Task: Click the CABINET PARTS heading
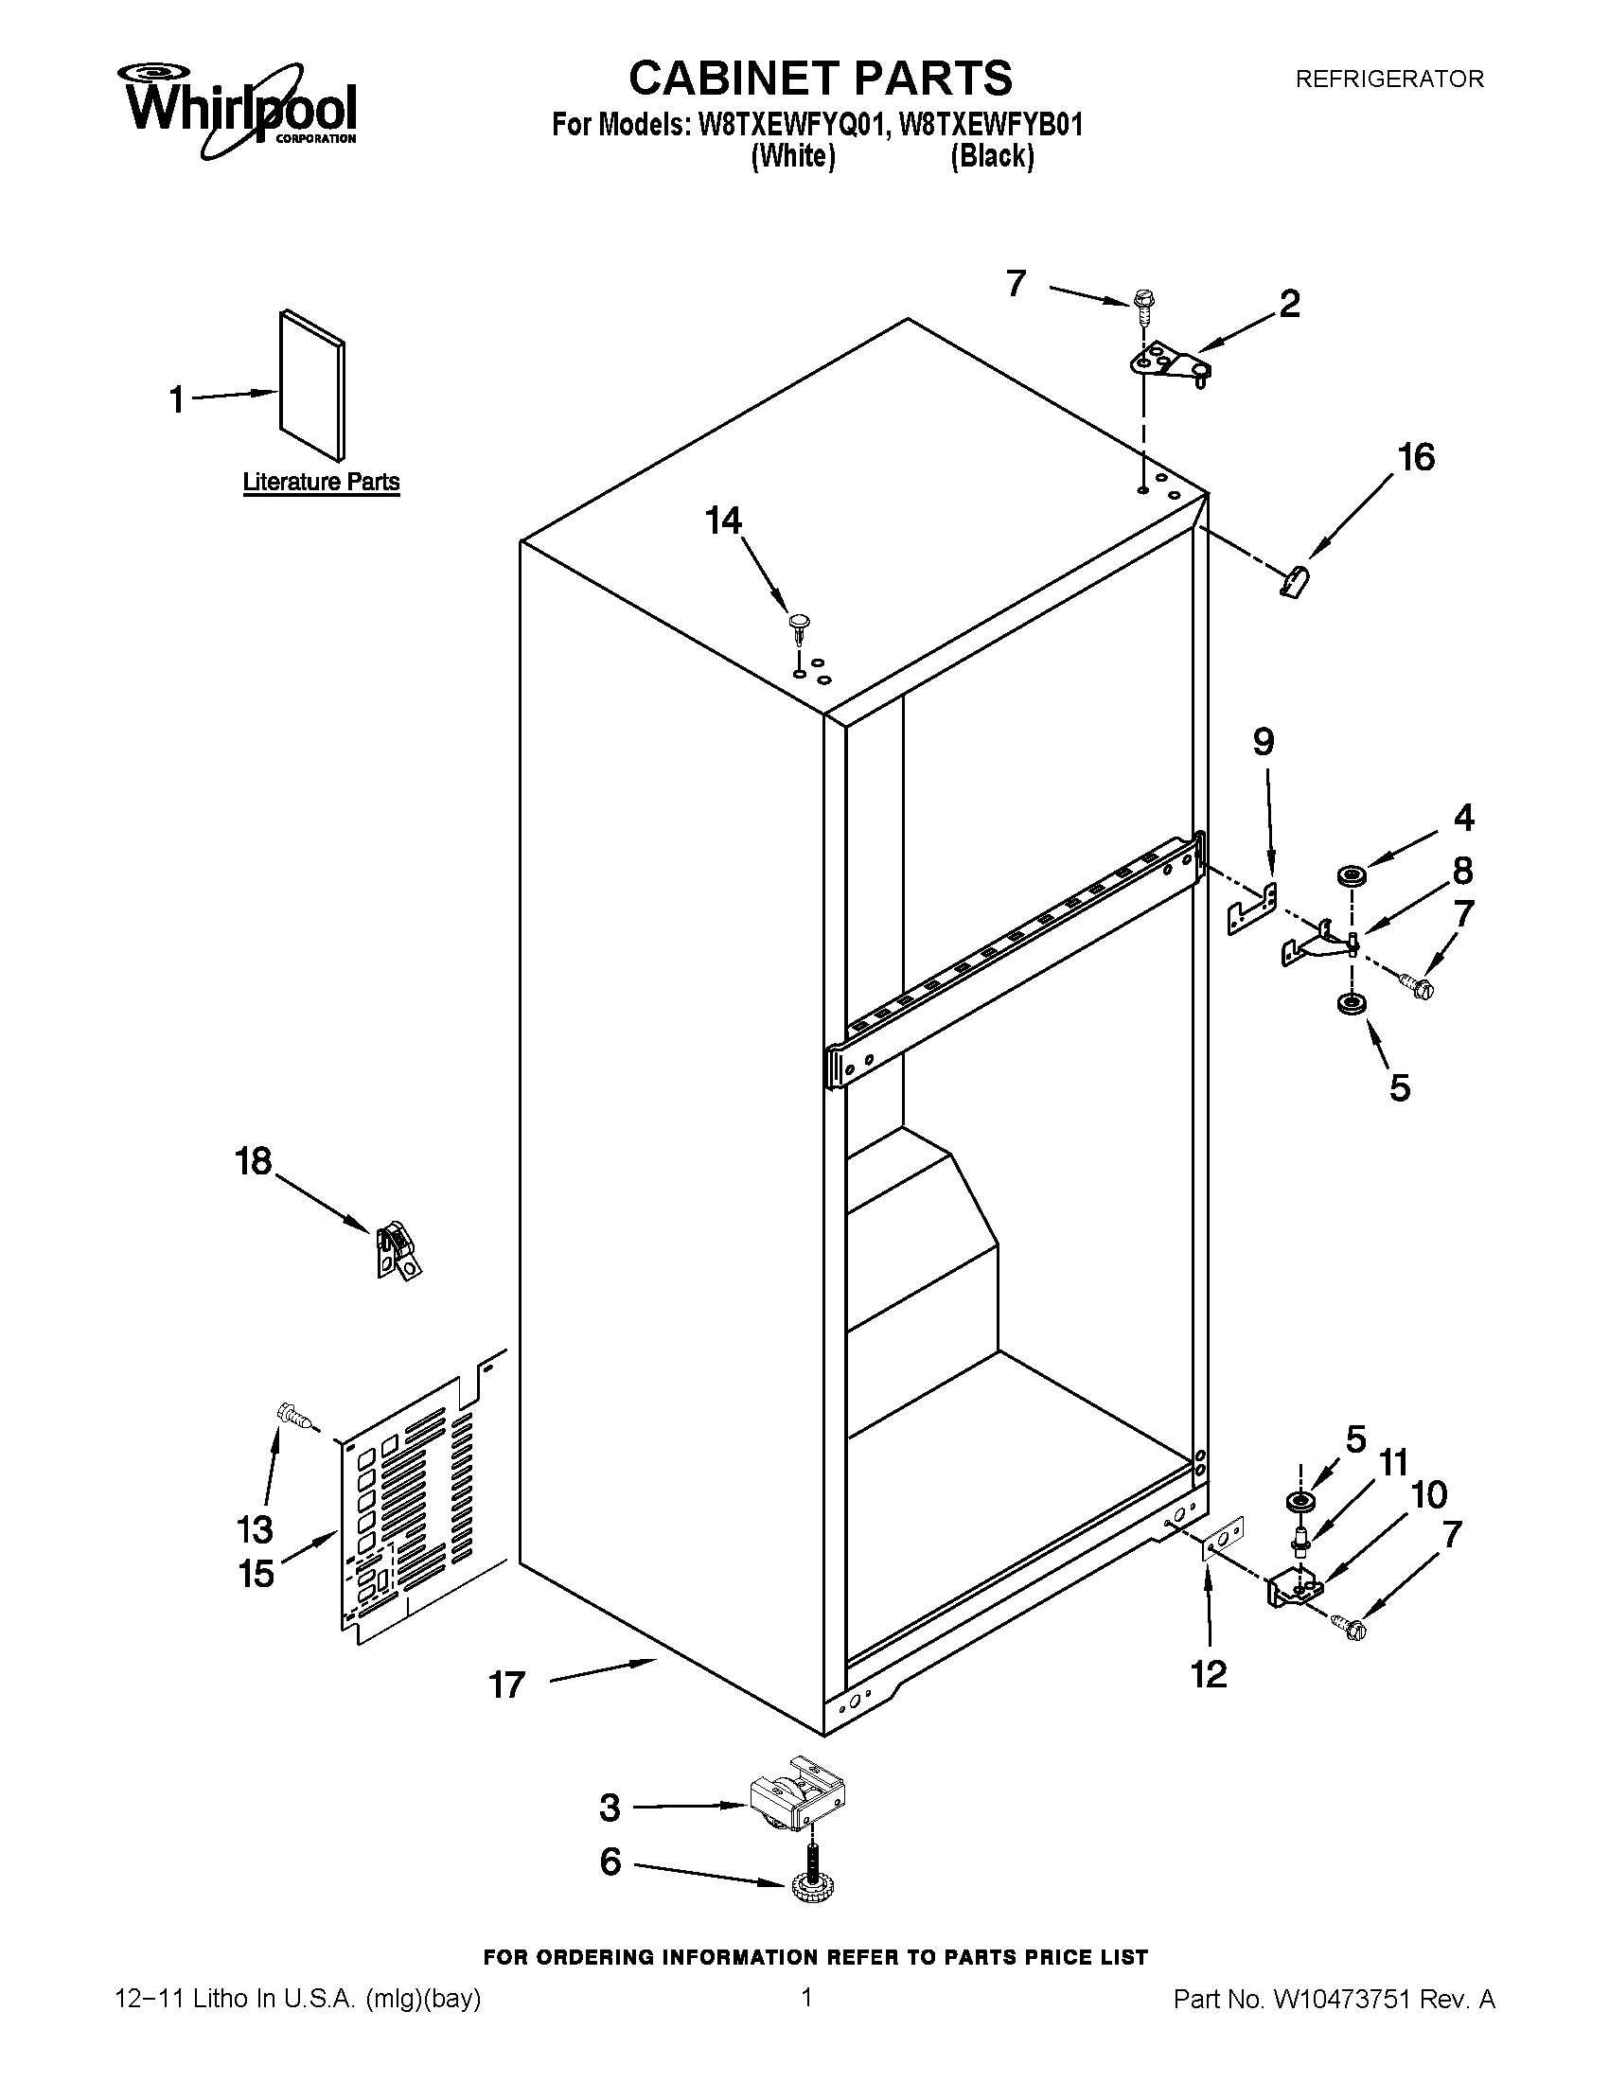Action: pyautogui.click(x=820, y=79)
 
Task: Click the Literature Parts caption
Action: pyautogui.click(x=321, y=483)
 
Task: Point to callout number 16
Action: pyautogui.click(x=1416, y=459)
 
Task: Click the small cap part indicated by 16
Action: pyautogui.click(x=1294, y=578)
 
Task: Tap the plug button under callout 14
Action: pyautogui.click(x=799, y=625)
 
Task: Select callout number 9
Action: pyautogui.click(x=1263, y=742)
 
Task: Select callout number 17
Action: pyautogui.click(x=507, y=1685)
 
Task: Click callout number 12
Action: pyautogui.click(x=1209, y=1673)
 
